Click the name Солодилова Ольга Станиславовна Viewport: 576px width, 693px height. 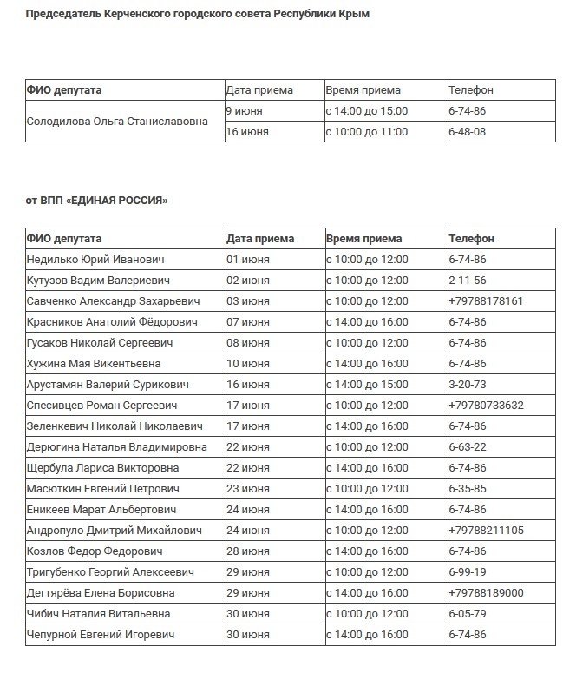(x=117, y=122)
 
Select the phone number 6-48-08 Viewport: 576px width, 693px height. (x=467, y=132)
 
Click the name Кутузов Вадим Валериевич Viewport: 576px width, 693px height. (x=98, y=280)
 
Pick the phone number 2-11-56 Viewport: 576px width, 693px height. (x=467, y=280)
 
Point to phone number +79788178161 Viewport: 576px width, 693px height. (x=485, y=301)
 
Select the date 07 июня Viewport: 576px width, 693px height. (x=247, y=322)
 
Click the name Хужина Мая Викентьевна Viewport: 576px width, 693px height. (x=94, y=364)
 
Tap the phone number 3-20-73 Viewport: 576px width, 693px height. (x=467, y=385)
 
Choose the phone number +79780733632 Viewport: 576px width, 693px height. (x=486, y=406)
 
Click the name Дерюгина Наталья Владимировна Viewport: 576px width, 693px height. (x=117, y=447)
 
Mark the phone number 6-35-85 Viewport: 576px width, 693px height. (x=467, y=489)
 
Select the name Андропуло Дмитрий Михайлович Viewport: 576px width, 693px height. (x=115, y=531)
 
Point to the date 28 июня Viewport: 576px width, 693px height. (x=247, y=551)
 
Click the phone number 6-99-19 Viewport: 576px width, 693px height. (x=467, y=572)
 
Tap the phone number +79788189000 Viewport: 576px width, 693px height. (x=486, y=593)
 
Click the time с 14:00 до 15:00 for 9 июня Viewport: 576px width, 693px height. (x=366, y=111)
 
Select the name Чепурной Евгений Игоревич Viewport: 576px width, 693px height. (x=101, y=635)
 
